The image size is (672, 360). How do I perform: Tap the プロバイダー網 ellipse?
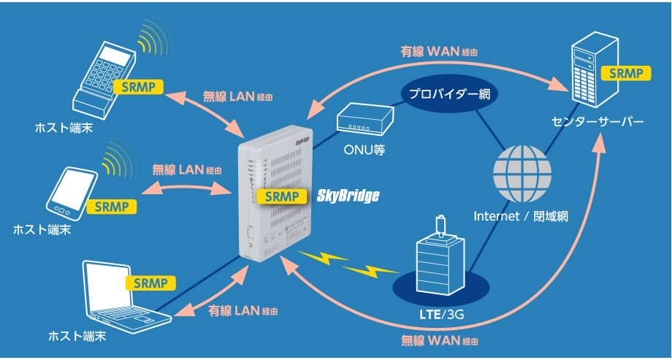[x=448, y=94]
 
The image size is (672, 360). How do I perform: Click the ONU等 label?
[x=364, y=151]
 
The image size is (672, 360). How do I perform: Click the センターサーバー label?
[x=598, y=121]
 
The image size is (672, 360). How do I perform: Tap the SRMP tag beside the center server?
[x=621, y=73]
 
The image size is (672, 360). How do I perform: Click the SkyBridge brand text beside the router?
[x=348, y=196]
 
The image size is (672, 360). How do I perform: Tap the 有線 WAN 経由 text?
[x=439, y=52]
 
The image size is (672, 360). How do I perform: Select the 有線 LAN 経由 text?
[x=244, y=310]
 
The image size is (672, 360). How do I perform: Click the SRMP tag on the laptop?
[x=150, y=283]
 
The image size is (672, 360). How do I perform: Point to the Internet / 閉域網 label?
[x=521, y=216]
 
